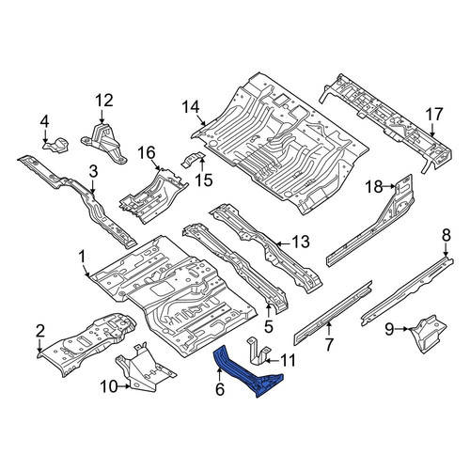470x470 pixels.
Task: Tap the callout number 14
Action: [x=191, y=107]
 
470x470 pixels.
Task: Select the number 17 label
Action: [x=434, y=115]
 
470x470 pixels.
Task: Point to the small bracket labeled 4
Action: [x=55, y=145]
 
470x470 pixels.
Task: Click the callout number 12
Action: [x=104, y=101]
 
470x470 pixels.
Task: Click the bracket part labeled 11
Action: [x=258, y=351]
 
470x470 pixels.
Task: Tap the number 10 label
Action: [x=108, y=386]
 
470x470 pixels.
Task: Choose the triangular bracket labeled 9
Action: [x=428, y=334]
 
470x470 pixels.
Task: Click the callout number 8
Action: [x=446, y=235]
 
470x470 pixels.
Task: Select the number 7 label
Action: [x=329, y=345]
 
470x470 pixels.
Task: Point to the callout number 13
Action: [x=301, y=242]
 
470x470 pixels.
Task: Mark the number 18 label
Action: [x=374, y=187]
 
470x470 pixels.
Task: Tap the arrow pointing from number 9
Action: [x=401, y=329]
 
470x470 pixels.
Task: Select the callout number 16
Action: [x=147, y=153]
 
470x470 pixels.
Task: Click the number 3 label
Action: [x=93, y=171]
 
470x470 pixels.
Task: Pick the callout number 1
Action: [x=82, y=258]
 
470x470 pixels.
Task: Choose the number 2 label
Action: [x=40, y=331]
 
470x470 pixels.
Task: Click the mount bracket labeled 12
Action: [x=104, y=145]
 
